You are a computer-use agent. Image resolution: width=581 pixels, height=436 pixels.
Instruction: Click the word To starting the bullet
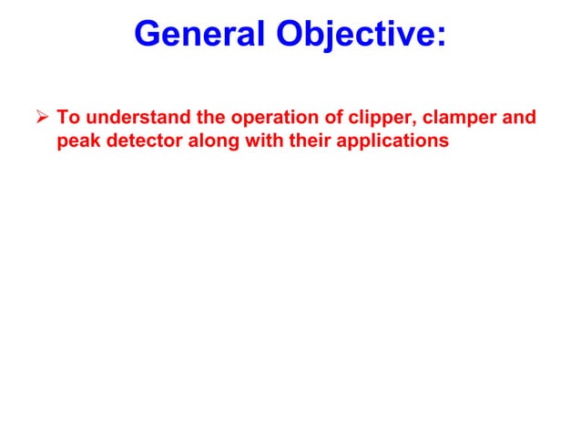coord(67,119)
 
